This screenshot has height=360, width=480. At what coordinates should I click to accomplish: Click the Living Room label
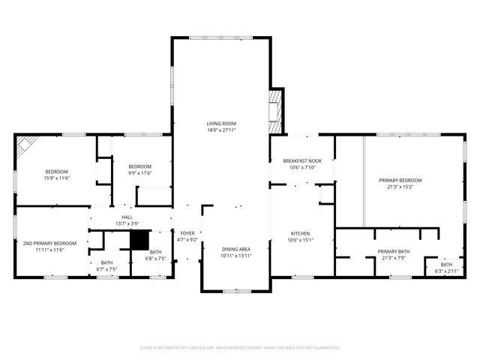(221, 123)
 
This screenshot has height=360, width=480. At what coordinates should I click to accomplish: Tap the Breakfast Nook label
(302, 161)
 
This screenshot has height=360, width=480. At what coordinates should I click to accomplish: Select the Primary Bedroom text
(400, 180)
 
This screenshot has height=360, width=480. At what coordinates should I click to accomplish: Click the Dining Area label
(236, 249)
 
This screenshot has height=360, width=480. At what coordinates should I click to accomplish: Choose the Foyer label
(187, 233)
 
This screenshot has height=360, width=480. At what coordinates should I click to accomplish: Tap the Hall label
(127, 217)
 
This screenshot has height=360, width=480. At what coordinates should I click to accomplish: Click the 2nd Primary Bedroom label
(49, 243)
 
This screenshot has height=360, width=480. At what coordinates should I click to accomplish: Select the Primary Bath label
(394, 251)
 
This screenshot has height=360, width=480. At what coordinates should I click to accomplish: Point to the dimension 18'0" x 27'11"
(221, 130)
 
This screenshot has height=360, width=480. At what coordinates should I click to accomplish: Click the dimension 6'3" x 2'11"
(446, 271)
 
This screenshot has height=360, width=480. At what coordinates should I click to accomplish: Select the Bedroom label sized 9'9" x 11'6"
(139, 166)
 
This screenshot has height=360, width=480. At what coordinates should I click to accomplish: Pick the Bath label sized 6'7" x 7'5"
(106, 262)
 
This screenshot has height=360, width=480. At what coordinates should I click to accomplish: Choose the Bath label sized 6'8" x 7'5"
(155, 252)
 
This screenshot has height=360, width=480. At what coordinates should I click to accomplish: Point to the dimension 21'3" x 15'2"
(400, 187)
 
